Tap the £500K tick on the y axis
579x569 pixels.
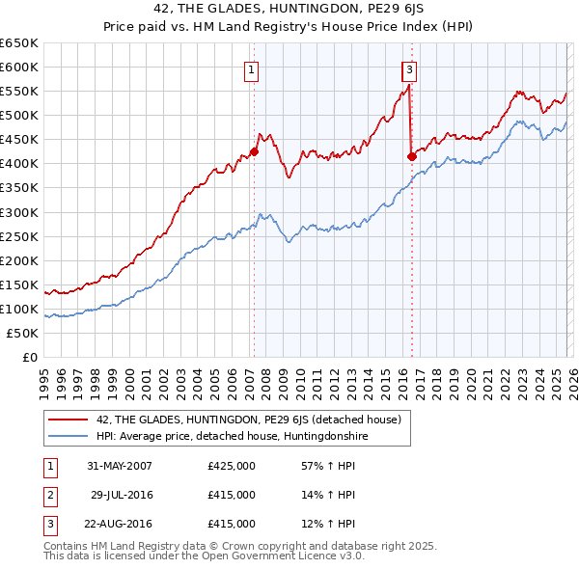click(x=19, y=116)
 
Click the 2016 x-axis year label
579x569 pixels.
click(x=401, y=374)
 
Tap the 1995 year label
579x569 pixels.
click(x=45, y=374)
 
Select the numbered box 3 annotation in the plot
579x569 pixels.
click(x=409, y=69)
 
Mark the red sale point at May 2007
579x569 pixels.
click(x=255, y=151)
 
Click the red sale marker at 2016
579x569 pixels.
click(x=411, y=155)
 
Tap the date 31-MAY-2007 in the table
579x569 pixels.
click(x=119, y=466)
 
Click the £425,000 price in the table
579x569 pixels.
click(x=232, y=466)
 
